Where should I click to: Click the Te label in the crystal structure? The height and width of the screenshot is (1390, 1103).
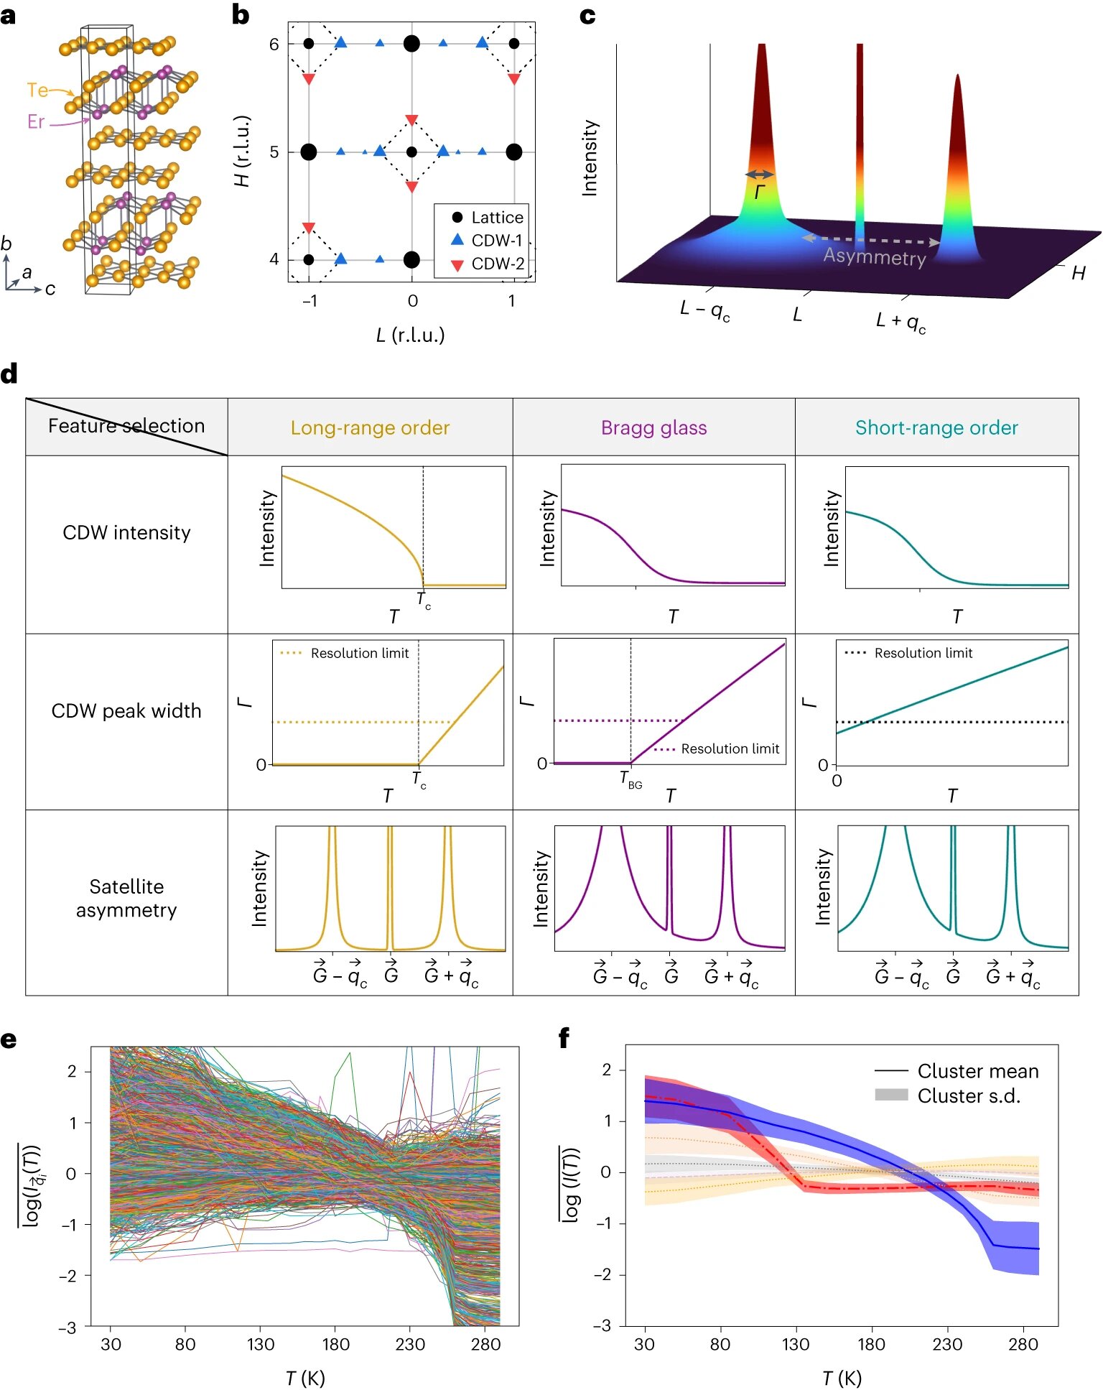(37, 91)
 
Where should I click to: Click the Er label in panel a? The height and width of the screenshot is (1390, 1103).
(36, 121)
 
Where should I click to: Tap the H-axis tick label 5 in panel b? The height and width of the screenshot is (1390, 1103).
(274, 152)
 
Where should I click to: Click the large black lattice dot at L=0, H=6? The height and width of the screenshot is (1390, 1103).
(411, 44)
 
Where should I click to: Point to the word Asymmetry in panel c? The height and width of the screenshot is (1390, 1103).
(874, 256)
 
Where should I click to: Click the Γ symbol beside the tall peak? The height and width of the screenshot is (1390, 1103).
(760, 192)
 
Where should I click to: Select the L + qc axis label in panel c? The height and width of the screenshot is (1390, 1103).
(900, 322)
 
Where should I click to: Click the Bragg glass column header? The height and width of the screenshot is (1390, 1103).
(653, 427)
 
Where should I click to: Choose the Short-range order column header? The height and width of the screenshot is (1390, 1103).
(936, 427)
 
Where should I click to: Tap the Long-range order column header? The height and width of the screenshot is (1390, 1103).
(370, 427)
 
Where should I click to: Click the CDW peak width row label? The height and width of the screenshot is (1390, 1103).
(126, 710)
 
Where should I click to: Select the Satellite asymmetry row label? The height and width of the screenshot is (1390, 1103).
(126, 898)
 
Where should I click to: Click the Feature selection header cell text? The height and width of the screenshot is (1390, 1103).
(126, 426)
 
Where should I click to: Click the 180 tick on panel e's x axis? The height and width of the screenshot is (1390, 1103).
(335, 1343)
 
